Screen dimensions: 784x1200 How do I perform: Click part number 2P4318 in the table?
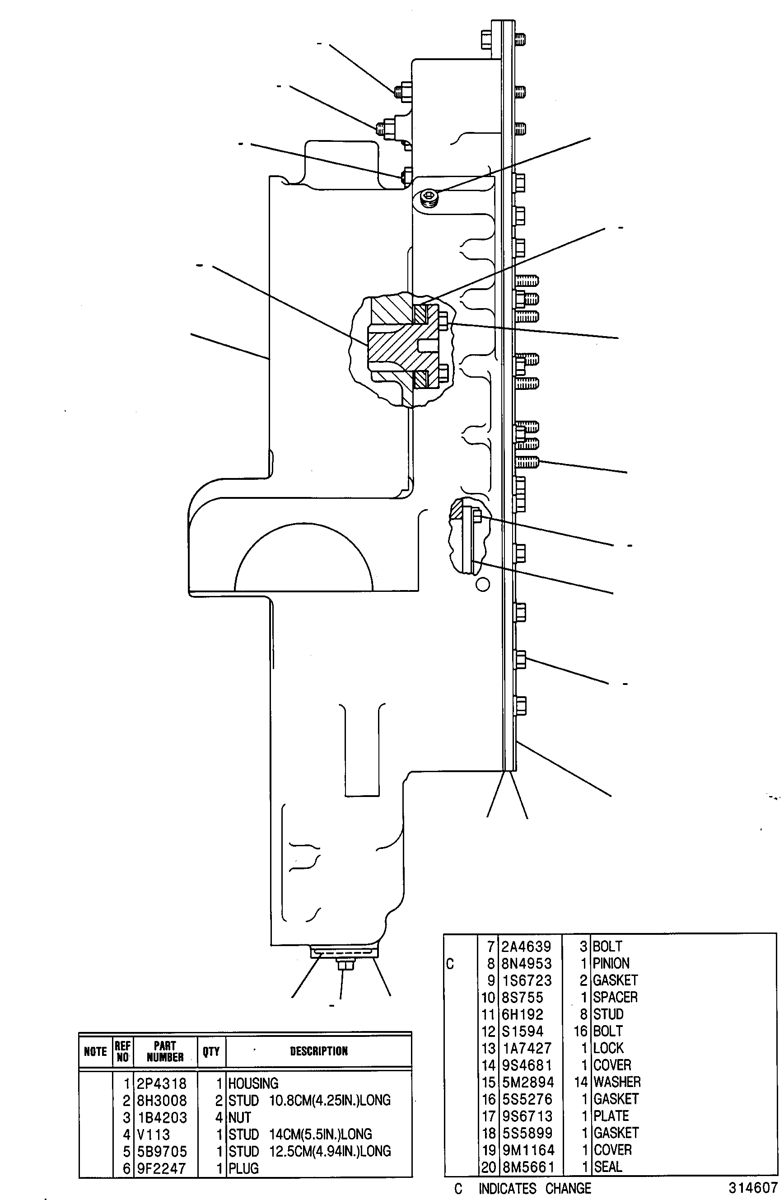(x=161, y=1083)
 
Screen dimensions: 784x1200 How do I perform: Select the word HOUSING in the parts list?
(x=253, y=1083)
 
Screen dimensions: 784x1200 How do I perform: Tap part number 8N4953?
(x=527, y=964)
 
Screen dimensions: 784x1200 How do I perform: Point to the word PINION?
(x=611, y=964)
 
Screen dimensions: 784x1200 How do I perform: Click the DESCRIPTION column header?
(x=319, y=1051)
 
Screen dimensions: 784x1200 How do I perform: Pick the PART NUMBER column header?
(x=165, y=1051)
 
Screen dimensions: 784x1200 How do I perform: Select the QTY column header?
(x=211, y=1051)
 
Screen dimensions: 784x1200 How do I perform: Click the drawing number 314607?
(x=753, y=1187)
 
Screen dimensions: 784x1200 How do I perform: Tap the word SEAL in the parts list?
(x=608, y=1166)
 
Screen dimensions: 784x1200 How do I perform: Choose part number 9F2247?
(x=161, y=1168)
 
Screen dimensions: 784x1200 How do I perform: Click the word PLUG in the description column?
(x=243, y=1168)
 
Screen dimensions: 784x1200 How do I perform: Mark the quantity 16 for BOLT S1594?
(x=580, y=1031)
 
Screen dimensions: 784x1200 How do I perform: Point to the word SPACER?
(x=615, y=997)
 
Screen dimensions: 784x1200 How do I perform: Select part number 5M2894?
(x=527, y=1082)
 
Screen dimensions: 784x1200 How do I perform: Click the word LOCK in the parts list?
(x=609, y=1048)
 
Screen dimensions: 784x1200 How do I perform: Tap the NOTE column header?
(x=95, y=1051)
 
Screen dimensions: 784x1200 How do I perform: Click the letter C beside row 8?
(x=450, y=964)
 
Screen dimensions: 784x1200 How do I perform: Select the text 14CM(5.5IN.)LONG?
(x=321, y=1134)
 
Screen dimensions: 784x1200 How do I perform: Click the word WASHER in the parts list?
(x=617, y=1082)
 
